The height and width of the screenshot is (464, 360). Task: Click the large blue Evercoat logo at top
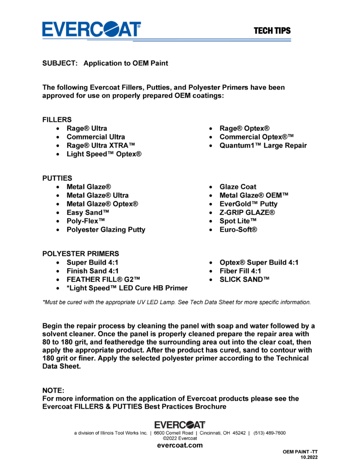tap(91, 29)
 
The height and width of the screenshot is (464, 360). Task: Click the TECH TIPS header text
tap(272, 31)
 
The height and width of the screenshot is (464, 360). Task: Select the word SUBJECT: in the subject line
tap(59, 63)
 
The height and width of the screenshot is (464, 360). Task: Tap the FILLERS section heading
tap(57, 120)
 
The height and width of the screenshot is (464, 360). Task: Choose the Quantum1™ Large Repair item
tap(263, 145)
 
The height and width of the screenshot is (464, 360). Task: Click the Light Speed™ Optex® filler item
tap(104, 154)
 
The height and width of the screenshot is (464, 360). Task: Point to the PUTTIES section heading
tap(57, 178)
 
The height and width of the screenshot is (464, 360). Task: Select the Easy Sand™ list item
tap(88, 213)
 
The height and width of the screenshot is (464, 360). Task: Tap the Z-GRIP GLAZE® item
tap(247, 213)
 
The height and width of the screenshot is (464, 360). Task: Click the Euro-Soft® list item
tap(239, 230)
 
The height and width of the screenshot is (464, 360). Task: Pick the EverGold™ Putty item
tap(249, 204)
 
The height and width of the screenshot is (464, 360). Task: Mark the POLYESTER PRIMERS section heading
tap(81, 253)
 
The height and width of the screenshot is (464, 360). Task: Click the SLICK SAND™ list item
tap(245, 280)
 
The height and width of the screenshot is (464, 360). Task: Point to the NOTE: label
tap(53, 390)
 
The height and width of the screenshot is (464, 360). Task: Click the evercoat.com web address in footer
tap(180, 445)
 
